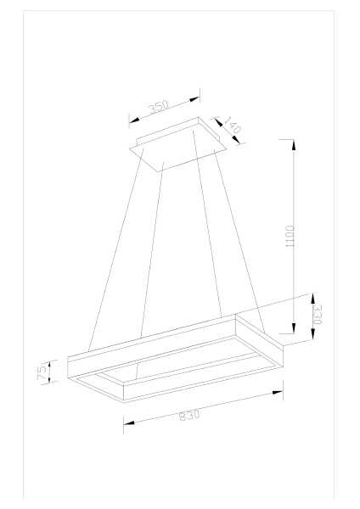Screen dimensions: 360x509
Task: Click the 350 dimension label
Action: click(x=159, y=107)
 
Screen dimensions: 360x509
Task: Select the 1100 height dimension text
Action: click(x=290, y=237)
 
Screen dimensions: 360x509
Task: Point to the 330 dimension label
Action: click(x=317, y=315)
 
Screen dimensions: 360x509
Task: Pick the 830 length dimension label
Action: click(x=189, y=415)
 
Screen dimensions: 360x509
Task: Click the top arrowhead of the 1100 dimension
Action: click(x=294, y=145)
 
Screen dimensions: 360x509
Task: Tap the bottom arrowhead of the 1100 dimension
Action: click(x=294, y=327)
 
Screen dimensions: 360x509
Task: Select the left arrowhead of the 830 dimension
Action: click(x=129, y=422)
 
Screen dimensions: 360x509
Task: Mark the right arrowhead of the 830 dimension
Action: click(x=278, y=393)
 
